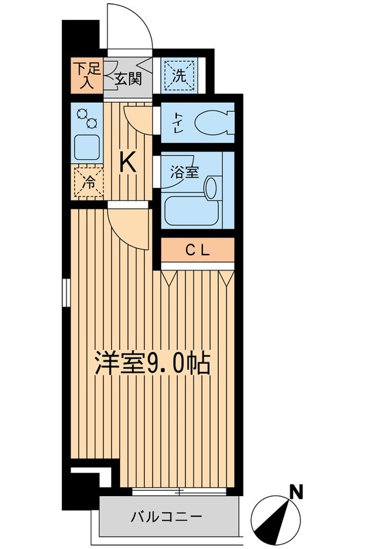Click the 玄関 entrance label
click(x=128, y=78)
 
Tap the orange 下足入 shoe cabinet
click(x=87, y=75)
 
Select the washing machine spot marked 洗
click(x=178, y=75)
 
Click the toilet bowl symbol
click(x=211, y=124)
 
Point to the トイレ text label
click(x=177, y=124)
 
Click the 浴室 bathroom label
click(x=183, y=172)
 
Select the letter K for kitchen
click(x=128, y=162)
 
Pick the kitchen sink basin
click(x=86, y=147)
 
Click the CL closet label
click(x=198, y=251)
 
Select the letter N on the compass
click(x=296, y=491)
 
